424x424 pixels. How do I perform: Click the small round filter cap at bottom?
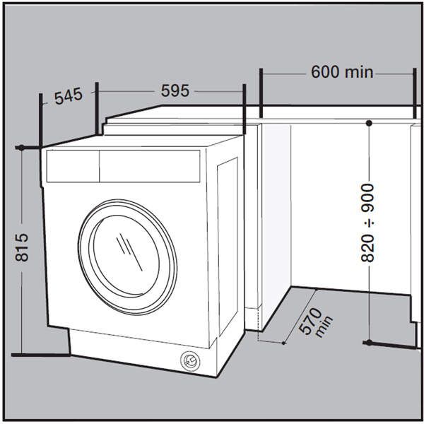pyautogui.click(x=189, y=360)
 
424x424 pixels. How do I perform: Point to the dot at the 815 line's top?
pyautogui.click(x=22, y=148)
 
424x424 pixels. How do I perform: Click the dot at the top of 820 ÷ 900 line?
pyautogui.click(x=368, y=123)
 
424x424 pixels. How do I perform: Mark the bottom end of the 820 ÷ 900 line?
pyautogui.click(x=368, y=343)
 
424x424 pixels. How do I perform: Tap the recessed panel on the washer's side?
pyautogui.click(x=228, y=247)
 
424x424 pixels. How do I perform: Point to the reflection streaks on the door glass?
pyautogui.click(x=131, y=247)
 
